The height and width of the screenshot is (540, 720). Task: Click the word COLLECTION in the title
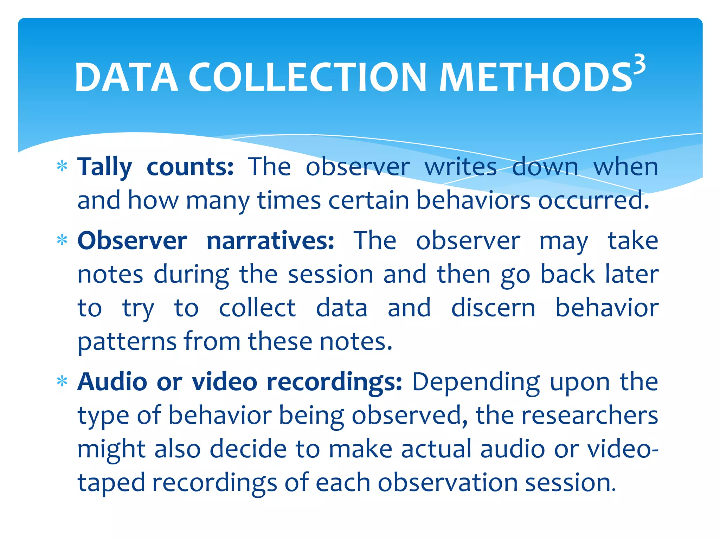(x=308, y=77)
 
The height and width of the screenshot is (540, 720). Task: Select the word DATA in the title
(x=126, y=77)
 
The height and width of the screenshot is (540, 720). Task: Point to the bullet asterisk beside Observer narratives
(x=62, y=240)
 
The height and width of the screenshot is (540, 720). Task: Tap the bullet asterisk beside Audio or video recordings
(x=62, y=381)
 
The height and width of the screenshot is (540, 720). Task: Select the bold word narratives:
(x=270, y=241)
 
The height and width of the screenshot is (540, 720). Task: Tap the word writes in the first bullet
(x=461, y=167)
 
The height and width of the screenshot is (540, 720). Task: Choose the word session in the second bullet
(x=330, y=274)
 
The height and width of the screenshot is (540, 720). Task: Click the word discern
(x=493, y=308)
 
